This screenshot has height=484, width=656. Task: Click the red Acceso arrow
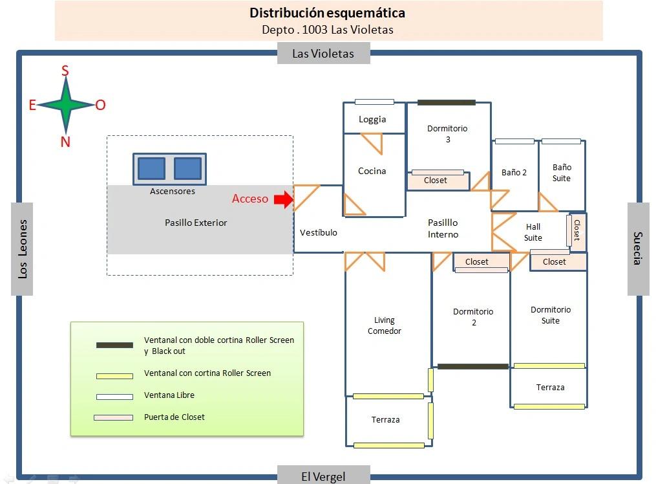click(283, 199)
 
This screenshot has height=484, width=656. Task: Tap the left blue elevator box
click(151, 169)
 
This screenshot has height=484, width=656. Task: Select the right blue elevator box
click(187, 169)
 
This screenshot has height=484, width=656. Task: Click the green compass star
click(65, 105)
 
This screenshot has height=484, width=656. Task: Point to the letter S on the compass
click(65, 71)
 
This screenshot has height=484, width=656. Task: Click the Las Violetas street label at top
click(323, 54)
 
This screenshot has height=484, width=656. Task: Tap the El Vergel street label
click(323, 477)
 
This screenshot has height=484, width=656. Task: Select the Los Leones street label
click(23, 249)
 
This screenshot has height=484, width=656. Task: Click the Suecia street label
click(638, 248)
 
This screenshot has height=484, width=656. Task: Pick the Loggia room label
click(372, 119)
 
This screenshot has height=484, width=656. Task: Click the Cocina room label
click(372, 171)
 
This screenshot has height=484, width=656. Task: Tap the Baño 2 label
click(514, 173)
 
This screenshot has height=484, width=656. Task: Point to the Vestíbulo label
click(319, 232)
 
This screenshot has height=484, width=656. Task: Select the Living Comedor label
click(385, 325)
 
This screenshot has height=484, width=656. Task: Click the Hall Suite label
click(533, 232)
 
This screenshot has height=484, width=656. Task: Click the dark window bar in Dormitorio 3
click(446, 102)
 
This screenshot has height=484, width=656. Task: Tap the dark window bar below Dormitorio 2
click(473, 367)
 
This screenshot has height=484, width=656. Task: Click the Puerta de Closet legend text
click(174, 417)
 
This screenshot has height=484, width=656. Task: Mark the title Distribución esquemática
click(328, 13)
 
